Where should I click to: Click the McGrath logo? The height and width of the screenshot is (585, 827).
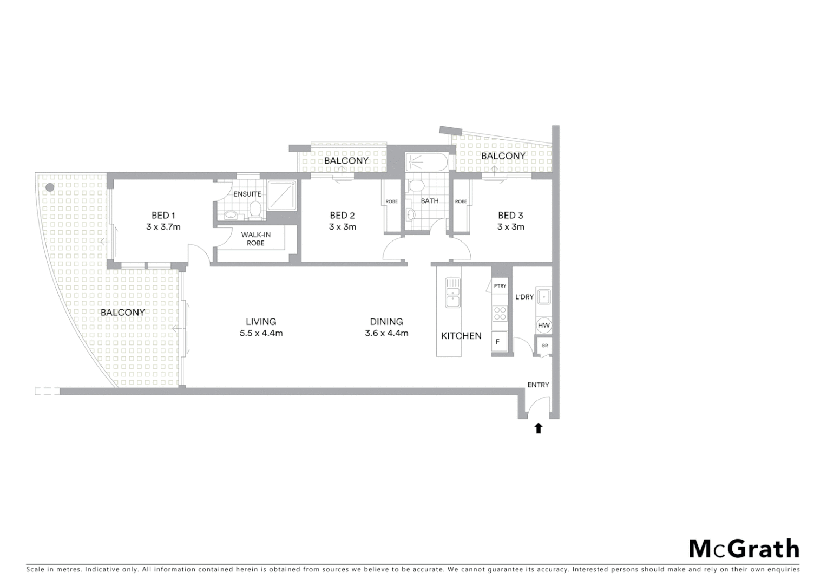(744, 549)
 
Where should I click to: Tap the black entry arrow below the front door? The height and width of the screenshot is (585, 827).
(538, 428)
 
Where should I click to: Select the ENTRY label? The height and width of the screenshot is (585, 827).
(538, 385)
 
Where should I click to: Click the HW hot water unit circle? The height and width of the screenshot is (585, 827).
(544, 325)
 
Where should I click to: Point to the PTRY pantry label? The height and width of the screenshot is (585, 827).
(500, 285)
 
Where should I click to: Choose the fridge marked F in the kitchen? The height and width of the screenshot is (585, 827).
(499, 342)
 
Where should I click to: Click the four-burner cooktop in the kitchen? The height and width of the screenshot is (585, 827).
(500, 314)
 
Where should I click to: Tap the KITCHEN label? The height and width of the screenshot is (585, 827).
(461, 336)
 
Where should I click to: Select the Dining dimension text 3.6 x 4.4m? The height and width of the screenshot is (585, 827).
(386, 333)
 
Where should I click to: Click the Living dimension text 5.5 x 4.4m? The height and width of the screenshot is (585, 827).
(261, 333)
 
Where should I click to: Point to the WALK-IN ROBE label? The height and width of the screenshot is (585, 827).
(255, 239)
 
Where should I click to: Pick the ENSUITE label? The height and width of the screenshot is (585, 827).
(247, 194)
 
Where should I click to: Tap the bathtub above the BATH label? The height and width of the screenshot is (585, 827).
(426, 161)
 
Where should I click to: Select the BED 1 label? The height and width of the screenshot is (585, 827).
(163, 216)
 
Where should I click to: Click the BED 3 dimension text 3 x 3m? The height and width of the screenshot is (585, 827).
(510, 227)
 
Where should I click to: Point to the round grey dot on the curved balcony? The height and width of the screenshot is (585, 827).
(50, 187)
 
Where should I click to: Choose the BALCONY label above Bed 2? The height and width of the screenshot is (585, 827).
(346, 160)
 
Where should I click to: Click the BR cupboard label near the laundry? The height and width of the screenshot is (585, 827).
(544, 346)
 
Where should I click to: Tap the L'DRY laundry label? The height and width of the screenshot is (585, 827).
(524, 297)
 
